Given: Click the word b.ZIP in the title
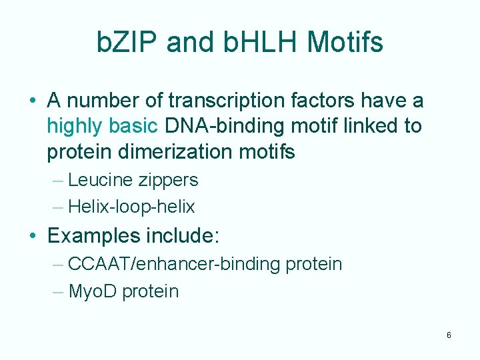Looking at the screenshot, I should [127, 43].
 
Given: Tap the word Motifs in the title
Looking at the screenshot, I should [345, 43].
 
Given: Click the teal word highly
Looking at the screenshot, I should [73, 126].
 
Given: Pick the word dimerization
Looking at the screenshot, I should [174, 151].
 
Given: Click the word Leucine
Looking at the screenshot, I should [97, 180].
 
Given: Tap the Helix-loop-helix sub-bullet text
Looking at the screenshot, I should [131, 207].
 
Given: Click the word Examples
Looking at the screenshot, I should [94, 236].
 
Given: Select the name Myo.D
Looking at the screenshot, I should [92, 291].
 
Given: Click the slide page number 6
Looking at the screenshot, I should [449, 335].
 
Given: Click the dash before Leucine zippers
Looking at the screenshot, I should [57, 180].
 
